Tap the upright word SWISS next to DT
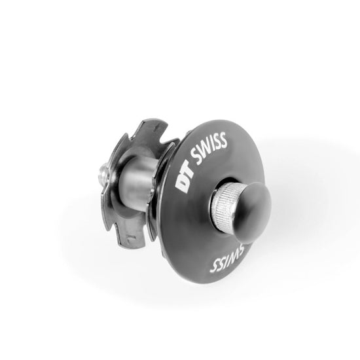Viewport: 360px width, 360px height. click(210, 147)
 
